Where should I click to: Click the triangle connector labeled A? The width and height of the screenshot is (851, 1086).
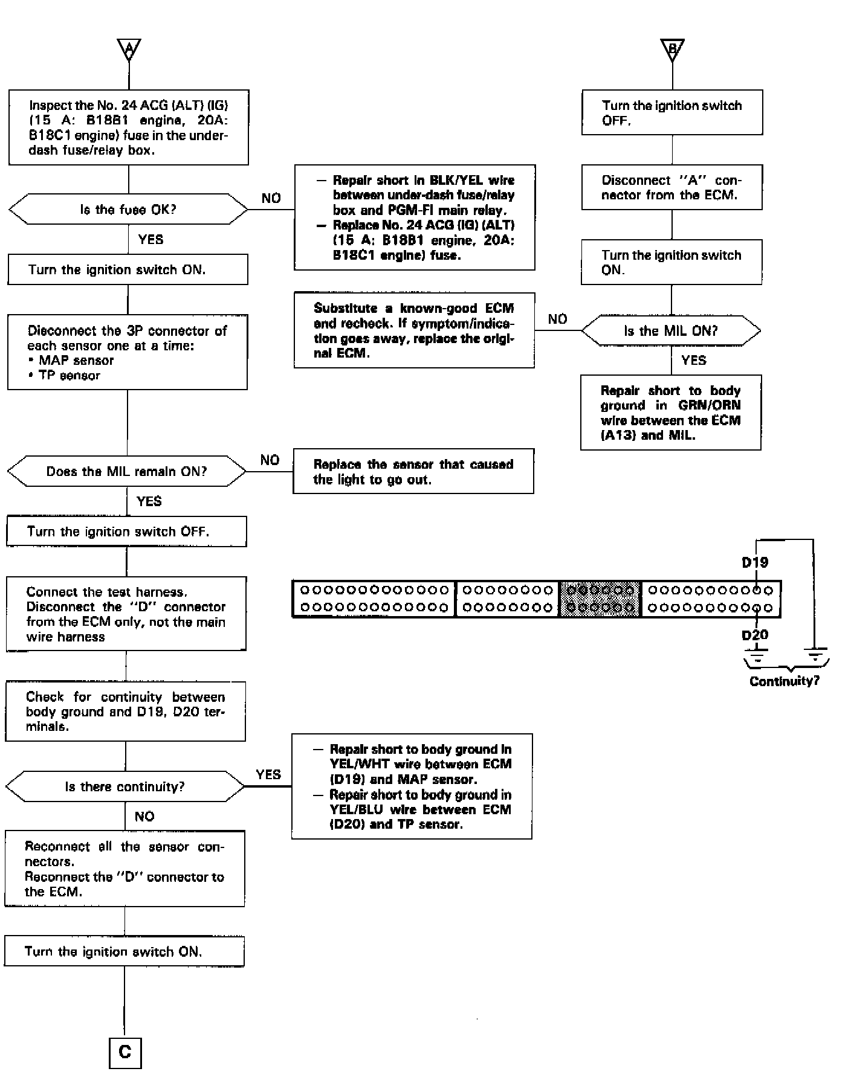click(129, 49)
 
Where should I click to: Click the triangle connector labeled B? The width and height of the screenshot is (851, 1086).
click(672, 49)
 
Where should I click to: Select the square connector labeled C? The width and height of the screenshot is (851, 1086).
click(125, 1052)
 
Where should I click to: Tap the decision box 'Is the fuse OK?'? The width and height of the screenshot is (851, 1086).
click(128, 210)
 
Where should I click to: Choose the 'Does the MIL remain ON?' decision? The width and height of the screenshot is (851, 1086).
click(127, 471)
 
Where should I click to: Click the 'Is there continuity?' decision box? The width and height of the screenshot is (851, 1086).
click(125, 786)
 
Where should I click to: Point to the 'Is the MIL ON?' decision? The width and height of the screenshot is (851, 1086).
click(671, 330)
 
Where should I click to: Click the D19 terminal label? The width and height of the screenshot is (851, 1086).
click(755, 562)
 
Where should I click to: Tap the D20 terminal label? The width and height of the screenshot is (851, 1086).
click(755, 635)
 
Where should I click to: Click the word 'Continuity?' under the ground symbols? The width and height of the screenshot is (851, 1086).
click(785, 681)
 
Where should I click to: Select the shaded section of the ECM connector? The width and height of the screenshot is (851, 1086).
click(600, 599)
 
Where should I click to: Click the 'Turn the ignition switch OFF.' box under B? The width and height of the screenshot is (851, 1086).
click(672, 112)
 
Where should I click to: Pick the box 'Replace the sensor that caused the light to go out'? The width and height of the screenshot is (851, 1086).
click(413, 472)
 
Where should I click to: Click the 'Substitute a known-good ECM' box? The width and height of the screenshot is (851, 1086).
click(414, 330)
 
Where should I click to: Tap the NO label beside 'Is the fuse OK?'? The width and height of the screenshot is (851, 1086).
click(271, 198)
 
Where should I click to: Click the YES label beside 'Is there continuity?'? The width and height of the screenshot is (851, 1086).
click(268, 774)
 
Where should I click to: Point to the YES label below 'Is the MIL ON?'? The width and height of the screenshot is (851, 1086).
click(693, 361)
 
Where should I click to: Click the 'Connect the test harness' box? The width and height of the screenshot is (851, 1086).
click(126, 614)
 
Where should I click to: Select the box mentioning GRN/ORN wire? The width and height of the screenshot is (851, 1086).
click(670, 413)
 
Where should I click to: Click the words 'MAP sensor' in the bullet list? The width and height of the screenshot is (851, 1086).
click(76, 361)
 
